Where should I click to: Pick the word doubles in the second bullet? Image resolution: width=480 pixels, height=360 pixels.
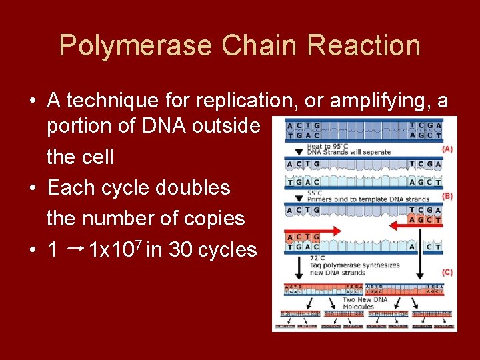coord(199,188)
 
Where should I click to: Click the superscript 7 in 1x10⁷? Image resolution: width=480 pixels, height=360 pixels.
coord(137,245)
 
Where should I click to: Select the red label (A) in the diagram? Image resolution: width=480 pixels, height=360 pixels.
coord(447,149)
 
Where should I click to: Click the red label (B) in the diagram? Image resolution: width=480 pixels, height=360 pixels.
coord(447,196)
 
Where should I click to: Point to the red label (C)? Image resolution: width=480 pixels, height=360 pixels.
coord(447,273)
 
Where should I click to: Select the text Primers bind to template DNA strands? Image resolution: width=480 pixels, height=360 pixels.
coord(368,199)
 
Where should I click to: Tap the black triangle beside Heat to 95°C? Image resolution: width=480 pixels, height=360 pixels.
coord(298,151)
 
